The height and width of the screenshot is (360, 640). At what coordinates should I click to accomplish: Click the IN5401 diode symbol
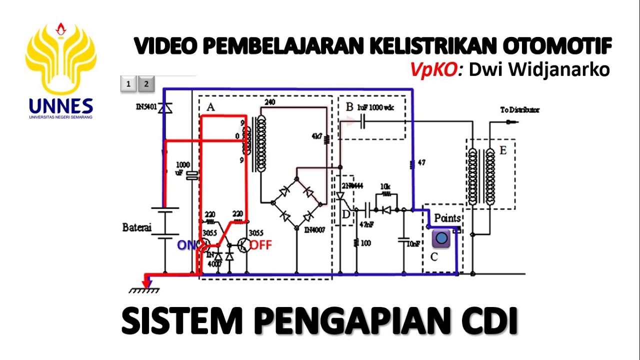(162, 108)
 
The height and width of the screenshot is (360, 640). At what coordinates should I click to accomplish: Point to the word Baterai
(136, 227)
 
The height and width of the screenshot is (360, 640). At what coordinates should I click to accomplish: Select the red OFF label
(261, 245)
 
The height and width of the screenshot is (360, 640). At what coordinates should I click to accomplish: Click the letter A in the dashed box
(210, 106)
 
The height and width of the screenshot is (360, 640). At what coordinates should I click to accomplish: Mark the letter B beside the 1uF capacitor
(349, 106)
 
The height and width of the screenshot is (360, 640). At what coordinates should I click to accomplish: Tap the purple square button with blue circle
(441, 238)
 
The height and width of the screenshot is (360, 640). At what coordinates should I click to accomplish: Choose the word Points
(447, 218)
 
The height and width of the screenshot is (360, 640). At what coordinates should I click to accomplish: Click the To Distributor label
(519, 110)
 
